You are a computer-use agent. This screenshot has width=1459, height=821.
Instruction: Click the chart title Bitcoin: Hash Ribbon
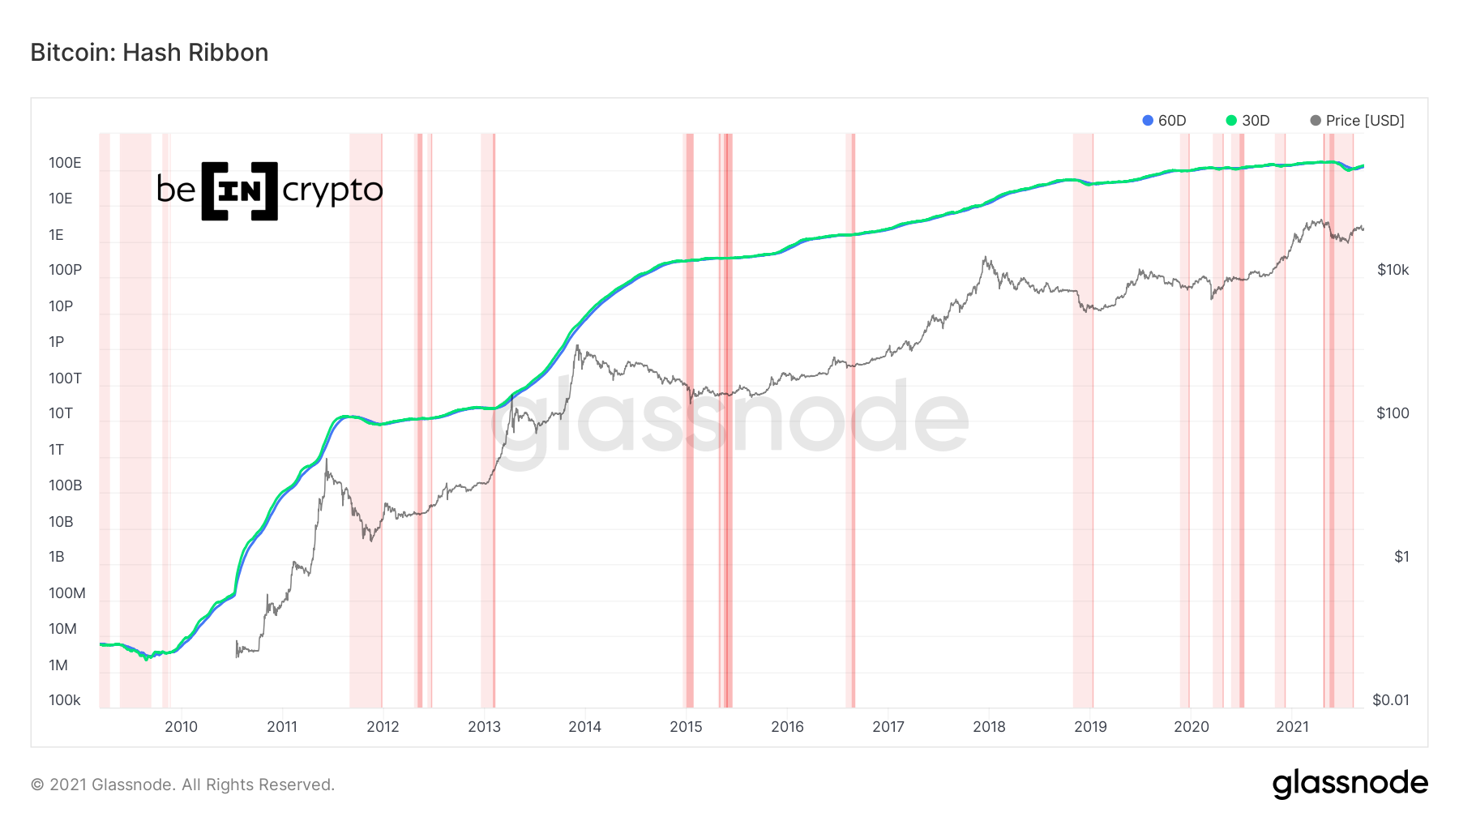149,53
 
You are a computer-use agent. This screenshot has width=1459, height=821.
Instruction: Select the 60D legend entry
1164,121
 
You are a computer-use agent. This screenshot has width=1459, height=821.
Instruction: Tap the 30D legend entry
1248,121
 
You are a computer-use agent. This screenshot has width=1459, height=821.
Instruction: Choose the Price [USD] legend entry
1357,121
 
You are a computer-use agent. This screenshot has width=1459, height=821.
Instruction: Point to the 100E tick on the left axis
65,163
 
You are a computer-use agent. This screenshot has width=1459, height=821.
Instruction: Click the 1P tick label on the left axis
57,342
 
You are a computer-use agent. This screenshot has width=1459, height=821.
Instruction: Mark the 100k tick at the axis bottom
65,700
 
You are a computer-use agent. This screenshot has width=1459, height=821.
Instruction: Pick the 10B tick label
61,522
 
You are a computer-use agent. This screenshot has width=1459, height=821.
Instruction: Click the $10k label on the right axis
1393,270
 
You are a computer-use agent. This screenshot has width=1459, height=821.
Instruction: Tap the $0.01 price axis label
1391,700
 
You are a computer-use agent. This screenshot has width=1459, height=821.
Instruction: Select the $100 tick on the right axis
1393,413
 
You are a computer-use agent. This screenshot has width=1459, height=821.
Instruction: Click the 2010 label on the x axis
181,727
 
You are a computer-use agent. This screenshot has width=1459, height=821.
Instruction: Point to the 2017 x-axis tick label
888,727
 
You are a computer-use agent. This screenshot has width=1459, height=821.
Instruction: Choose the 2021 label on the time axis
1292,727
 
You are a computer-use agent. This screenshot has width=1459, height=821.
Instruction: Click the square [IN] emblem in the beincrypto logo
239,191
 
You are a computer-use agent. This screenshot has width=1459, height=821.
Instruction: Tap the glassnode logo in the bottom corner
1350,784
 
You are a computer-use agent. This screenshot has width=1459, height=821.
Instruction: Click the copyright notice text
182,785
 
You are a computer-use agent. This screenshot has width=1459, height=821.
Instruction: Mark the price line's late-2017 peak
986,259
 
